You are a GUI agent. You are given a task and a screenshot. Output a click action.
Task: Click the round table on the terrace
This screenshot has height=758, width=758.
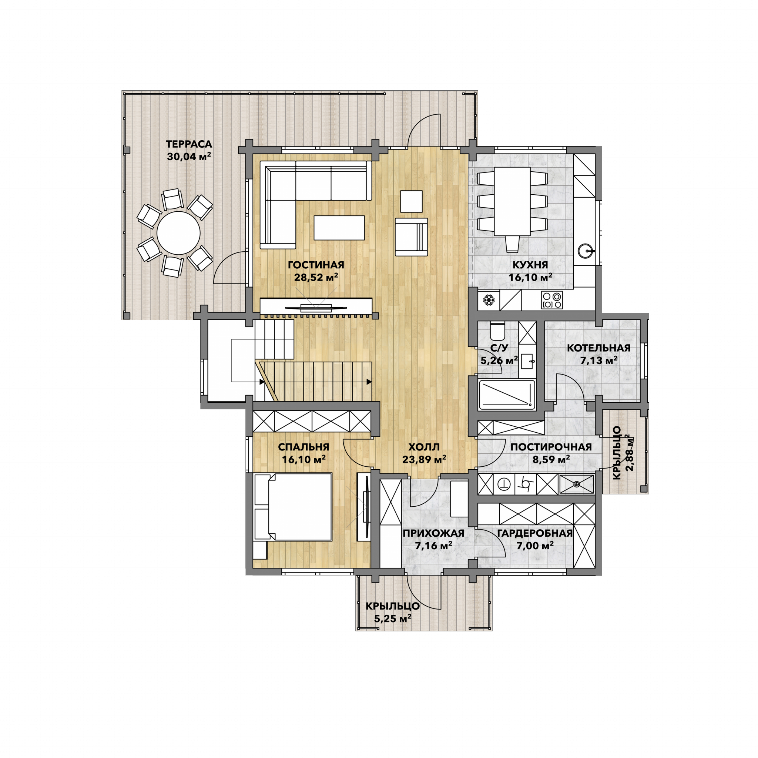click(178, 234)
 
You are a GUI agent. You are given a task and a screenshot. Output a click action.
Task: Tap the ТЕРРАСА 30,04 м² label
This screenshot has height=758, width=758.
click(189, 151)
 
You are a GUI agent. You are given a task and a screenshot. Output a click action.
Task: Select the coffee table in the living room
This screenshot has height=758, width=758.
click(339, 228)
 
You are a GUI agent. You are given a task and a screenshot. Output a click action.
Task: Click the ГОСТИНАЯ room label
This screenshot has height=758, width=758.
click(316, 265)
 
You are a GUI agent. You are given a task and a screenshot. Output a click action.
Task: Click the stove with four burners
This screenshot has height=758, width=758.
click(552, 300)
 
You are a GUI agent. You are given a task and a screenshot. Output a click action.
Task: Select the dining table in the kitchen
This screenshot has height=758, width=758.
click(512, 201)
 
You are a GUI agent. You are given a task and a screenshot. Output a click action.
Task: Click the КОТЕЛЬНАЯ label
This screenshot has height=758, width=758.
click(599, 348)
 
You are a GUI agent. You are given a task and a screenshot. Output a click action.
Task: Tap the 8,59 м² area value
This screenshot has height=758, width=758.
click(551, 459)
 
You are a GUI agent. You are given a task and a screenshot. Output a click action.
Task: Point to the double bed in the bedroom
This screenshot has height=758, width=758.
click(294, 507)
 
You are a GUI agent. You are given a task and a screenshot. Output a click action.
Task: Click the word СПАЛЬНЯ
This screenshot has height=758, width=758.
click(303, 447)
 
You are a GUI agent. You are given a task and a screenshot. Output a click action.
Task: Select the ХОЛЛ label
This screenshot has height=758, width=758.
click(424, 447)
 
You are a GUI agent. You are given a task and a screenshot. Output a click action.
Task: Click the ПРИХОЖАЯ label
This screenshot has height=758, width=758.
click(433, 533)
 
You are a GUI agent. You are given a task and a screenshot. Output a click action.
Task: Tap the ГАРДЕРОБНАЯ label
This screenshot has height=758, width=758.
click(535, 533)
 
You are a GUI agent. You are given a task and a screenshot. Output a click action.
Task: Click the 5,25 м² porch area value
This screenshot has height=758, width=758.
click(393, 619)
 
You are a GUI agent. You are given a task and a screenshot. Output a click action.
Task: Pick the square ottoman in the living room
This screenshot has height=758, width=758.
click(412, 201)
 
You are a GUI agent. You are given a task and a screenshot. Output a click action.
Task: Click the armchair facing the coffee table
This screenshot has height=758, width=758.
click(411, 237)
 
